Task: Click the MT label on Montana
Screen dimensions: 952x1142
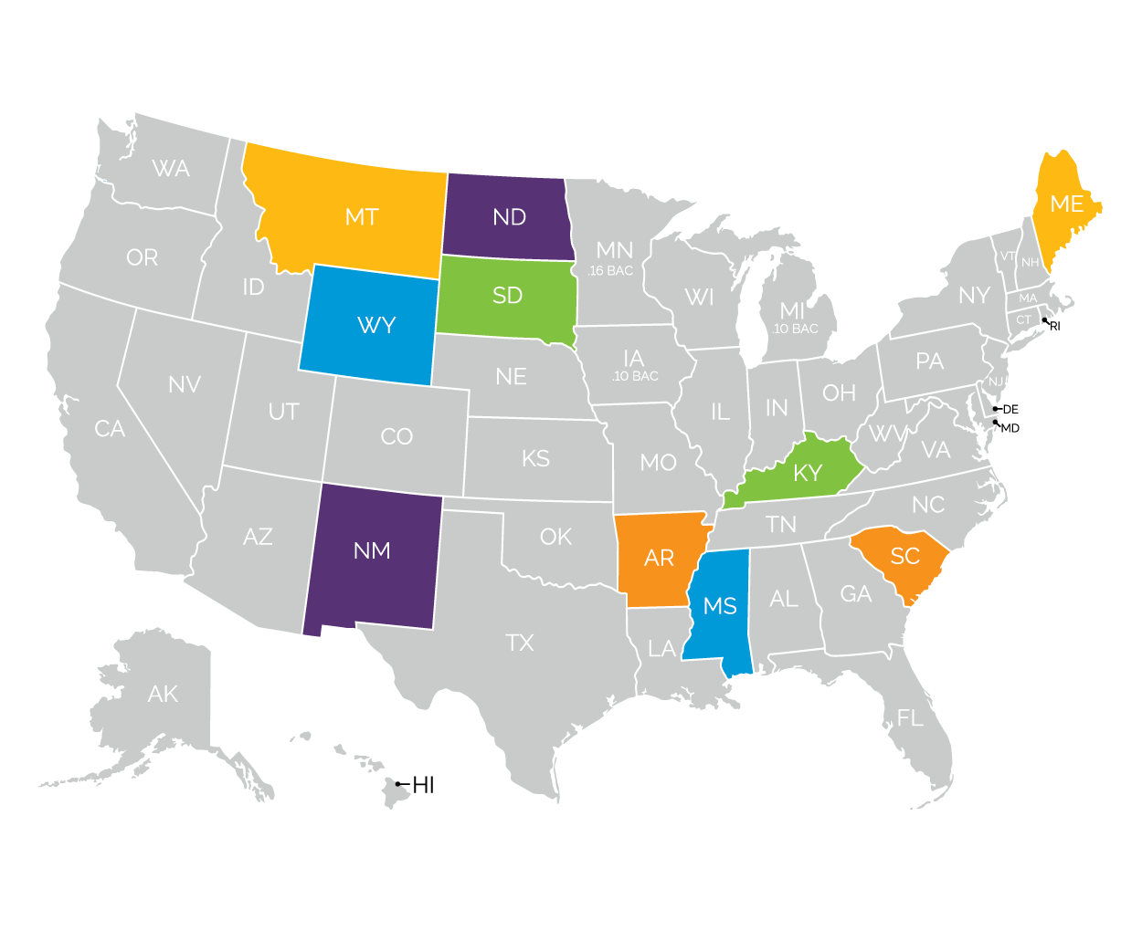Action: pyautogui.click(x=362, y=217)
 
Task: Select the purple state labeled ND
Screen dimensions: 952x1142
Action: pyautogui.click(x=509, y=217)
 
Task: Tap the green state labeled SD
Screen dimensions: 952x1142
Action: pyautogui.click(x=507, y=296)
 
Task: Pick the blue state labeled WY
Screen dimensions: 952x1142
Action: pyautogui.click(x=375, y=326)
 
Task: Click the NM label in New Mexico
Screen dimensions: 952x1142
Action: pyautogui.click(x=372, y=550)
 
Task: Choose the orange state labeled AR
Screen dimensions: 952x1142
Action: pyautogui.click(x=659, y=558)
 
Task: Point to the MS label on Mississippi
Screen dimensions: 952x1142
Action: pyautogui.click(x=720, y=606)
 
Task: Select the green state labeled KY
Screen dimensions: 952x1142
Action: pyautogui.click(x=808, y=473)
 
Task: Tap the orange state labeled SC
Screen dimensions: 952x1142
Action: pyautogui.click(x=904, y=557)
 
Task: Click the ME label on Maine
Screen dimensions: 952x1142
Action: pyautogui.click(x=1067, y=204)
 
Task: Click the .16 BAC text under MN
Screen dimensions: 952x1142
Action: pyautogui.click(x=611, y=271)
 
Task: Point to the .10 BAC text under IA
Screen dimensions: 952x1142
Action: pyautogui.click(x=635, y=376)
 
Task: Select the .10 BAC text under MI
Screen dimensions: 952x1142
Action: pyautogui.click(x=796, y=329)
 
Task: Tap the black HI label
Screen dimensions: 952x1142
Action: pyautogui.click(x=423, y=785)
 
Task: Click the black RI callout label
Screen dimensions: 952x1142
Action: pyautogui.click(x=1055, y=327)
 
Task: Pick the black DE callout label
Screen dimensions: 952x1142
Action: pyautogui.click(x=1010, y=410)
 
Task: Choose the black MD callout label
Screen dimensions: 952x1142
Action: pyautogui.click(x=1010, y=428)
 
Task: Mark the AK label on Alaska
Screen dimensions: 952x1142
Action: pyautogui.click(x=163, y=695)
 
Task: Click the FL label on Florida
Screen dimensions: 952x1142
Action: pyautogui.click(x=910, y=718)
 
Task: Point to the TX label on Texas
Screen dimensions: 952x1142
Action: pyautogui.click(x=520, y=643)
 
